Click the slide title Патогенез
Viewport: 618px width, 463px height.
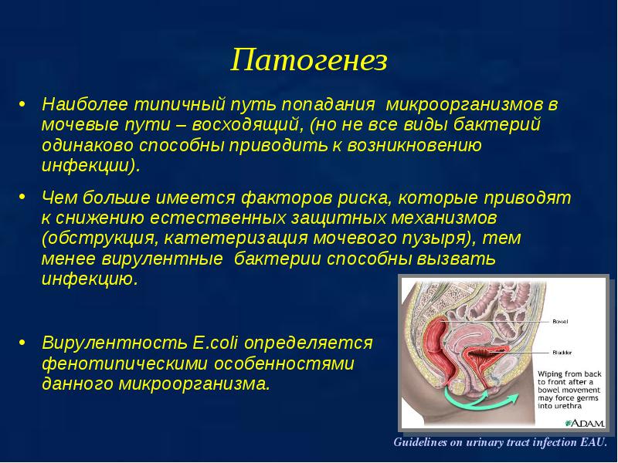click(x=309, y=60)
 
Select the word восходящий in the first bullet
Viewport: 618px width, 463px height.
click(x=247, y=125)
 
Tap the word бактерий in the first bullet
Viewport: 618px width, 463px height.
click(x=497, y=125)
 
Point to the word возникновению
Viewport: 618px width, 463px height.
click(x=414, y=145)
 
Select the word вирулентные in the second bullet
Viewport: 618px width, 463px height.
click(x=162, y=259)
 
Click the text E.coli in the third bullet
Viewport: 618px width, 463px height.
click(x=215, y=343)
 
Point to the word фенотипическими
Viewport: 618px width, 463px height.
click(x=119, y=363)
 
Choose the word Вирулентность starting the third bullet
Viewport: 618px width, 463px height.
click(x=114, y=343)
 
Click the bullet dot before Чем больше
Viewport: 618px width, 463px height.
click(x=22, y=196)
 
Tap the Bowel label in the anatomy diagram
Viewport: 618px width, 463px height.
click(x=560, y=322)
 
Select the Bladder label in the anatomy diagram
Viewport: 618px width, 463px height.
click(x=562, y=353)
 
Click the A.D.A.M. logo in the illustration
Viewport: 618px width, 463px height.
click(x=586, y=423)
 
